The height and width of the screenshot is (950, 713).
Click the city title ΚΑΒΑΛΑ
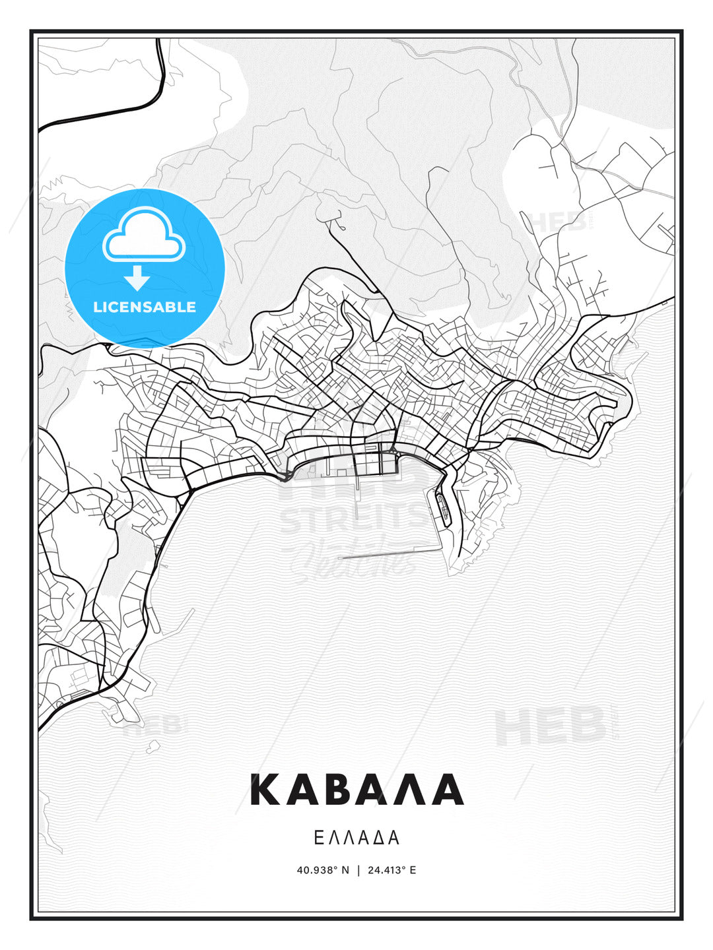click(356, 790)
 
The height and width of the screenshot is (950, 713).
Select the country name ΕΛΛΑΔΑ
click(356, 838)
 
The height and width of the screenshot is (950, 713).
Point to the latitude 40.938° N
click(323, 870)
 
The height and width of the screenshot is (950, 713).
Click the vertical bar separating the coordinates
click(358, 870)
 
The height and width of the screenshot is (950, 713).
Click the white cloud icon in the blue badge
click(143, 236)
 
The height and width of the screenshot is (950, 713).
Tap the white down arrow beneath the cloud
click(137, 277)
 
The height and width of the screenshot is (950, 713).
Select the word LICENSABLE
click(145, 307)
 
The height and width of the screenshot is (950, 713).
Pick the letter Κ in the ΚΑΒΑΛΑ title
click(267, 790)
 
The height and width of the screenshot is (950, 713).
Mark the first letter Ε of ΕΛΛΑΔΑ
click(319, 838)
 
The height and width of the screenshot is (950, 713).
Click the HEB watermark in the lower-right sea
click(551, 726)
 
